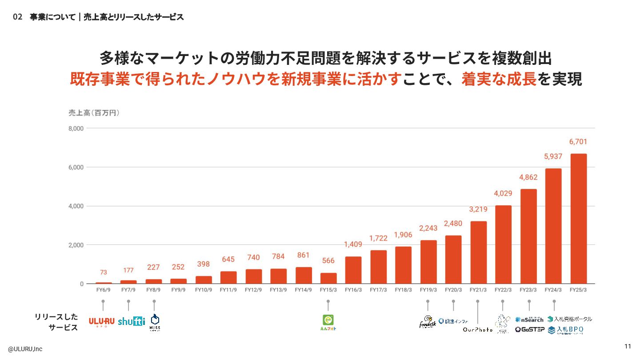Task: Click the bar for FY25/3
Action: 578,219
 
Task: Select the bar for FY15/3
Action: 328,278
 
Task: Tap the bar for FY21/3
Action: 478,252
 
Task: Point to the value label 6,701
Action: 578,142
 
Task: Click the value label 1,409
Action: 353,244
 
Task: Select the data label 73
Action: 103,272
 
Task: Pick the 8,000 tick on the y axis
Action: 76,128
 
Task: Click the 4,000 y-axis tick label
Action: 76,206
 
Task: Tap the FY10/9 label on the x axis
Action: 204,290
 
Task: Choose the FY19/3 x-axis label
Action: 428,290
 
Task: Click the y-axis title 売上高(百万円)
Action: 94,113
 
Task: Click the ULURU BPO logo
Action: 102,322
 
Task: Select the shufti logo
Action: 132,321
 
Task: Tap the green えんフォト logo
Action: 328,322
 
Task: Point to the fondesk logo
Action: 428,322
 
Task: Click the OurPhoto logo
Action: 478,330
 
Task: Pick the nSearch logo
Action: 529,319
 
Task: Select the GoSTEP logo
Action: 529,330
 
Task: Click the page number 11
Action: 628,347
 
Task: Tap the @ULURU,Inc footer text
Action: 25,349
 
